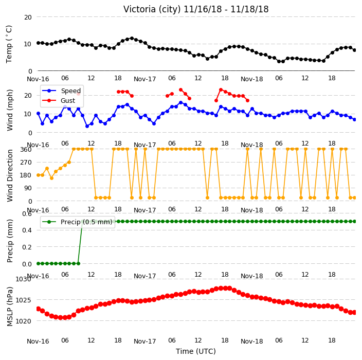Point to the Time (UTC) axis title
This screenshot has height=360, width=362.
[196, 351]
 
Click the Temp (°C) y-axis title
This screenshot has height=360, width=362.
[9, 44]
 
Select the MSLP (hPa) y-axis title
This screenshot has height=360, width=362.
[10, 307]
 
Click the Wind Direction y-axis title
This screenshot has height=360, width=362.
[10, 176]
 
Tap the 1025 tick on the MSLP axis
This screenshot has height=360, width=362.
[23, 300]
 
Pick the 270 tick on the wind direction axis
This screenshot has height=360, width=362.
[26, 163]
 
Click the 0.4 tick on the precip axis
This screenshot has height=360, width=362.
[27, 230]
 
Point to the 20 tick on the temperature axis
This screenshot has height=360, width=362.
[28, 17]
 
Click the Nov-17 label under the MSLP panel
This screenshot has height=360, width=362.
[145, 341]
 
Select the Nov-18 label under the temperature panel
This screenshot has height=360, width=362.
[251, 79]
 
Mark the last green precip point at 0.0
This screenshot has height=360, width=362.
[78, 263]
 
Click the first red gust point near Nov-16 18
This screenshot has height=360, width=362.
[118, 92]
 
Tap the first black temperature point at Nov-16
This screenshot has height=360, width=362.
[39, 43]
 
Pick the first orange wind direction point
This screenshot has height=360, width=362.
[39, 175]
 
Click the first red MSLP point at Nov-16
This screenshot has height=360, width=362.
[39, 309]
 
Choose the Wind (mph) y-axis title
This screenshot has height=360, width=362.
[10, 110]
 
